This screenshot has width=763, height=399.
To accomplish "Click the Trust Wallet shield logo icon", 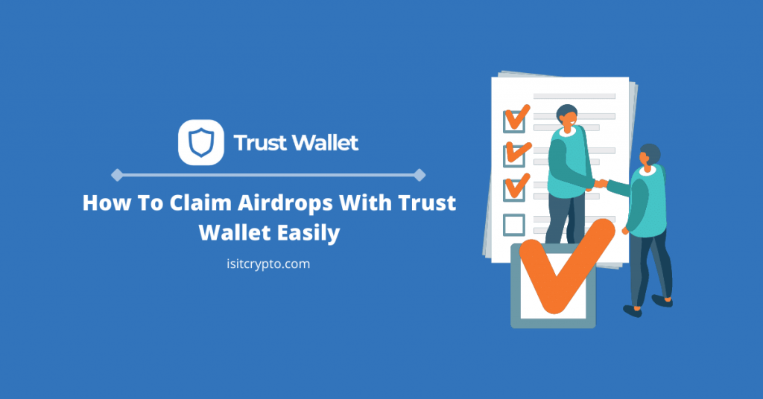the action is (201, 142).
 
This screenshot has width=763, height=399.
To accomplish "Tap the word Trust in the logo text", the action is (260, 143).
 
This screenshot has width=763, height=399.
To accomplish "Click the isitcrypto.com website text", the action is (268, 264).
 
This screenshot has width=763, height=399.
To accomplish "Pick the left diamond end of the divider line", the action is (117, 175).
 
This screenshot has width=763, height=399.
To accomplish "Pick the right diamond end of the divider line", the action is (420, 175).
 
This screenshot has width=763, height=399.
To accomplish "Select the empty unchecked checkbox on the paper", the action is (514, 225).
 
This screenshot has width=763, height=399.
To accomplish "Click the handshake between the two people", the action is (601, 184).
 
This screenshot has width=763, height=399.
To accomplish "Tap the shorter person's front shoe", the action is (632, 310).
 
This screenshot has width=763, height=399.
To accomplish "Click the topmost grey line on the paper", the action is (574, 96).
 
